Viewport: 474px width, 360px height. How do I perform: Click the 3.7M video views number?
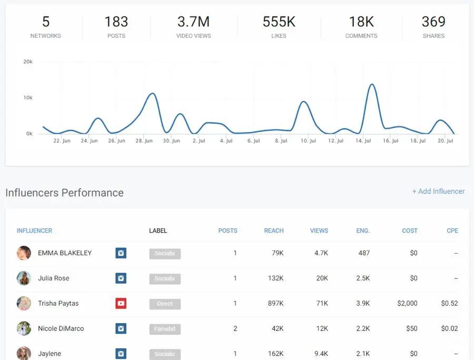tap(193, 22)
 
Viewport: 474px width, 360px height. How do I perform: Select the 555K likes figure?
tap(279, 22)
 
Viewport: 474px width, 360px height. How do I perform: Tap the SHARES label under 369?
tap(433, 36)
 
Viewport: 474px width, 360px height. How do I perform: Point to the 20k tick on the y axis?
tap(28, 62)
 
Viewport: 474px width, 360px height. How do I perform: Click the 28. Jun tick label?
tap(144, 141)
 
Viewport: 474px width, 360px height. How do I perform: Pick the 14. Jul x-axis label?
tap(363, 141)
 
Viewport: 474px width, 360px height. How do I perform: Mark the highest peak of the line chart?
tap(372, 84)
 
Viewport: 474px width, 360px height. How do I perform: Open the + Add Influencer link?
tap(438, 191)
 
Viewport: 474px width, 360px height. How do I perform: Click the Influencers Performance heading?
tap(64, 192)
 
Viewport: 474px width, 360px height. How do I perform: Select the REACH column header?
tap(273, 230)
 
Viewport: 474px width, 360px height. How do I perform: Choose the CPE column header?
tap(452, 230)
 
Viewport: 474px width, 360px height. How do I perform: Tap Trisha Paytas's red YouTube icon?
tap(121, 303)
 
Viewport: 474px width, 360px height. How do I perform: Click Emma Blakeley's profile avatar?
tap(24, 253)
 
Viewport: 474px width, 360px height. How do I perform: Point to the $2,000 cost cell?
tap(407, 303)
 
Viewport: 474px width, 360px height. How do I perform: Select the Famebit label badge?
tap(164, 328)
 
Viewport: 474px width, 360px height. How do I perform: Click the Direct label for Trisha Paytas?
tap(164, 304)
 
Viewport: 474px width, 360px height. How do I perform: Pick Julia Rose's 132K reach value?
tap(275, 278)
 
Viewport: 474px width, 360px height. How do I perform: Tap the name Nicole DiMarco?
tap(61, 328)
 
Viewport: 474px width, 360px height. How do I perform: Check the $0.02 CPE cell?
tap(449, 328)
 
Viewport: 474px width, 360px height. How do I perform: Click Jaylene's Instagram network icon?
tap(121, 354)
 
